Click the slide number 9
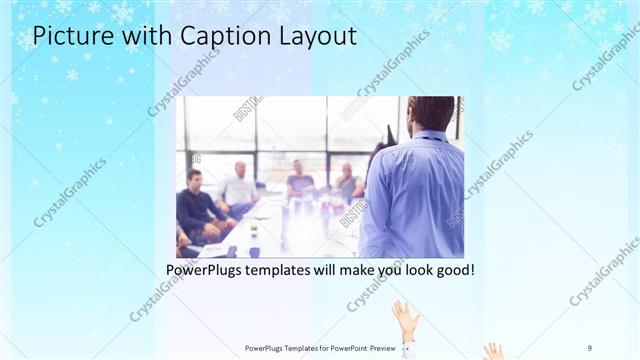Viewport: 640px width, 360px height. (590, 347)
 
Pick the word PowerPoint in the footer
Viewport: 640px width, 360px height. (344, 348)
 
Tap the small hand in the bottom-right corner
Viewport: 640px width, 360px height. (494, 351)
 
